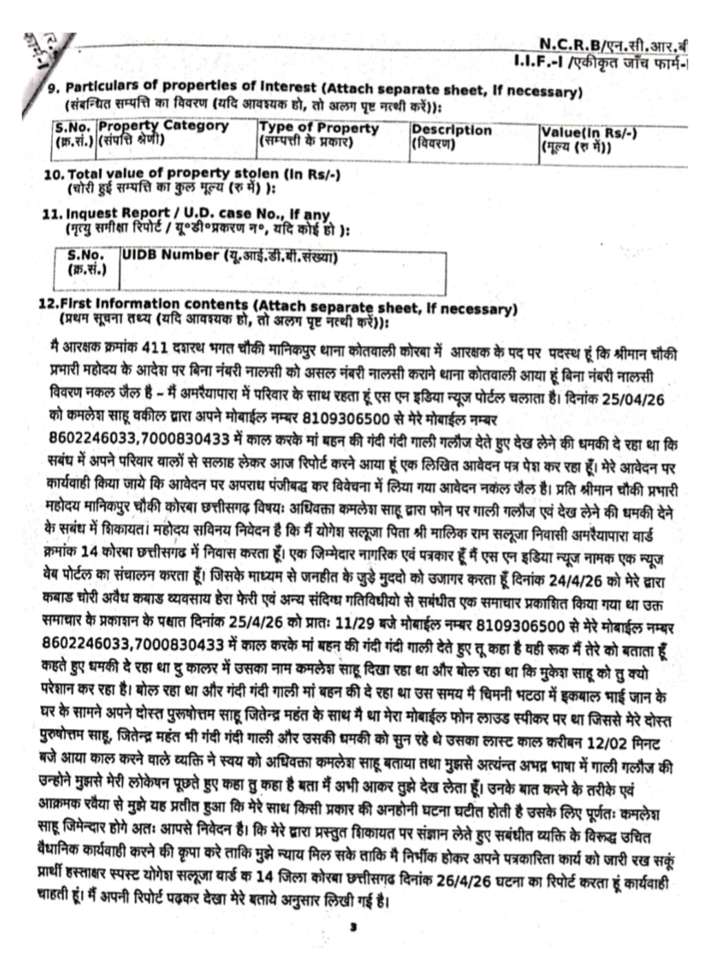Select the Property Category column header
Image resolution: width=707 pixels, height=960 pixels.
163,126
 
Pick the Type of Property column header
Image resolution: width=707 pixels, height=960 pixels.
319,128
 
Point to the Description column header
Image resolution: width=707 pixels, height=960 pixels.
452,130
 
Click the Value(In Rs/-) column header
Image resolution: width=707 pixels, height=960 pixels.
589,132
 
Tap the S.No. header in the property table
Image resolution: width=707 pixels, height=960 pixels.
74,127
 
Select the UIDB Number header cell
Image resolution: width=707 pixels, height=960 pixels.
170,254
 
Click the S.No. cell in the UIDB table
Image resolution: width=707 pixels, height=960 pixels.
85,255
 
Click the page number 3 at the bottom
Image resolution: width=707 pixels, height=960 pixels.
352,928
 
